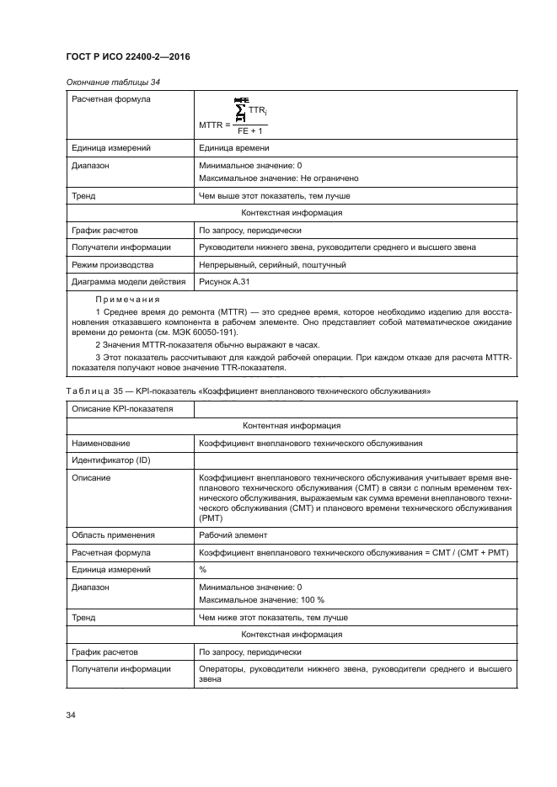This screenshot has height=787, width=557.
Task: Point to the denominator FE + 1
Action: click(x=249, y=130)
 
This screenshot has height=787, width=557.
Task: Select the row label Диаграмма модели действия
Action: click(x=126, y=282)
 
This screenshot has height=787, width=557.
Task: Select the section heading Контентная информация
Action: click(x=292, y=426)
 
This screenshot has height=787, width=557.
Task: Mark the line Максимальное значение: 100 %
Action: click(x=261, y=600)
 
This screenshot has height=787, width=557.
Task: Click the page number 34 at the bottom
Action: click(x=71, y=715)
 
